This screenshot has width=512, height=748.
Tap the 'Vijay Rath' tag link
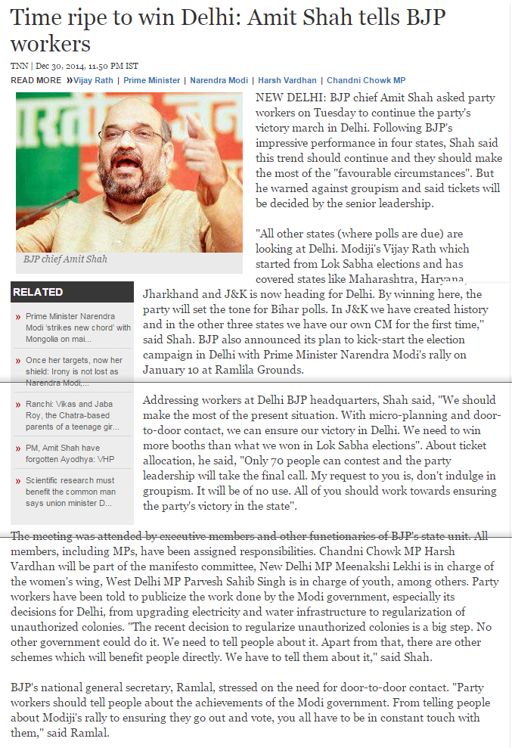93,80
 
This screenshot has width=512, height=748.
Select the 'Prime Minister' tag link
152,80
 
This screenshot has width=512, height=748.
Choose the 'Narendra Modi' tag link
219,80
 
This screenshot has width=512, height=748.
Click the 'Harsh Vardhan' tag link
287,80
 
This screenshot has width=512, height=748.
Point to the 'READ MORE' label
36,80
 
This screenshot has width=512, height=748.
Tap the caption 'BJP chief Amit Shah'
65,259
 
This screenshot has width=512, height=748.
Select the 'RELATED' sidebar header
38,292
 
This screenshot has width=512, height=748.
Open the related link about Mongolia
78,327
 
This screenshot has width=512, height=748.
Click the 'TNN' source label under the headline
18,67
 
